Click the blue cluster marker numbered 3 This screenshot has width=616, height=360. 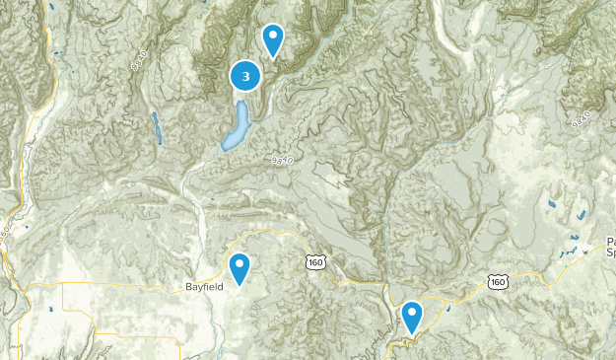(245, 75)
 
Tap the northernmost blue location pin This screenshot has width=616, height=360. (273, 38)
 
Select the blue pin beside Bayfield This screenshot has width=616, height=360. (240, 268)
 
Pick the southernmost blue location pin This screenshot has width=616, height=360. (412, 316)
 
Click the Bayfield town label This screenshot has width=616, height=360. (205, 286)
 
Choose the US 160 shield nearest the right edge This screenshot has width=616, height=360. (498, 282)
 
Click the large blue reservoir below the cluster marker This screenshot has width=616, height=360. (237, 127)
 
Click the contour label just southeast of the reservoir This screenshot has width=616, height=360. (283, 159)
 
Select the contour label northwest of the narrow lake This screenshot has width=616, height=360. (137, 58)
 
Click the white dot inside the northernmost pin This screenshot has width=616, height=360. (273, 36)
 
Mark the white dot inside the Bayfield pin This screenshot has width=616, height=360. (240, 264)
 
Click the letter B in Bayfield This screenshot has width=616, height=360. (188, 286)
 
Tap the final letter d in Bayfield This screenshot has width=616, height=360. (222, 286)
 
